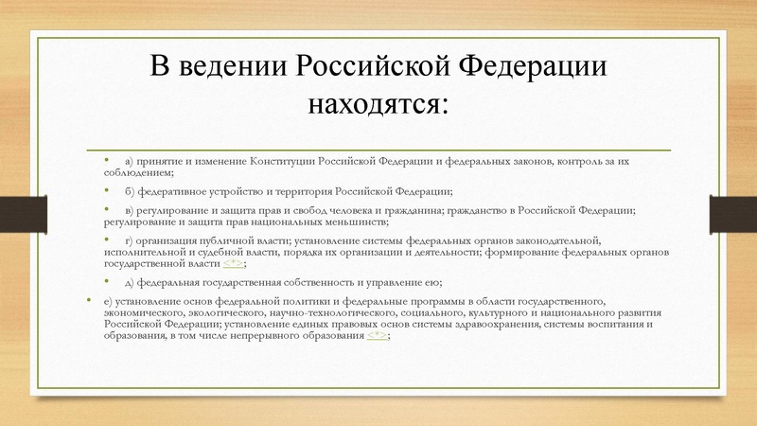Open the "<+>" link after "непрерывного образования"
coord(378,337)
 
